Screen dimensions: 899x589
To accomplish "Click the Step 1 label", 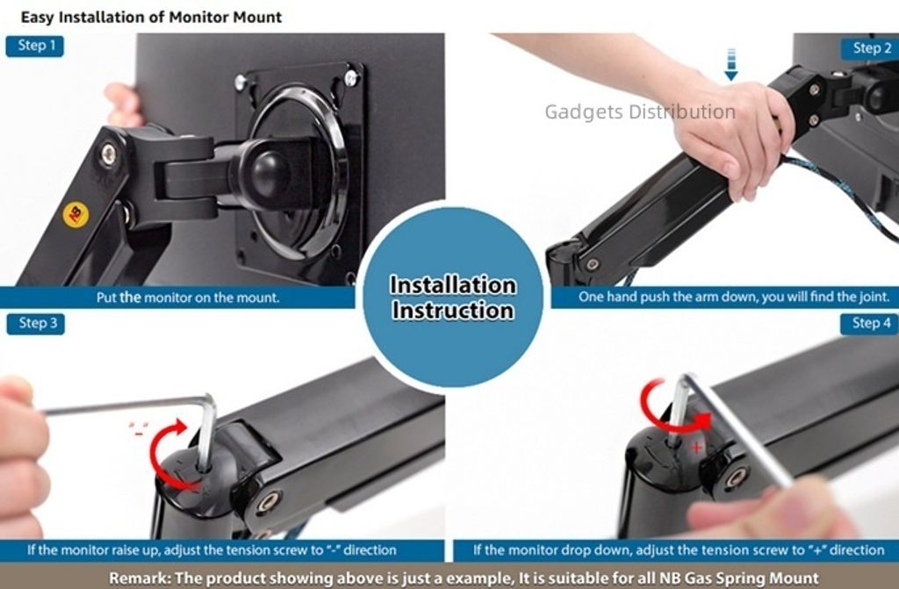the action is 35,46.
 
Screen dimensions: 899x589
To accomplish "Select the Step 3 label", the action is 35,323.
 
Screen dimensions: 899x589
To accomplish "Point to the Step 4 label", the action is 869,323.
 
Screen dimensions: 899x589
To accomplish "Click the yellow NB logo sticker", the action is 76,214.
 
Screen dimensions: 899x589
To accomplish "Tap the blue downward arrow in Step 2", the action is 730,64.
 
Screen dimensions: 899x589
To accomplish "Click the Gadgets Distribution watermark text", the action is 640,111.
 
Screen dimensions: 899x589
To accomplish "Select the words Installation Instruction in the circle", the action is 453,298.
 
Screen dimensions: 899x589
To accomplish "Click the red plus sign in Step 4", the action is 696,448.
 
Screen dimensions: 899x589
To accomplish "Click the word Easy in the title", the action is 38,18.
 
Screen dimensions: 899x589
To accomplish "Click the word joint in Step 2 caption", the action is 874,297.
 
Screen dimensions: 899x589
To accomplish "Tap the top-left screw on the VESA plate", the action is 241,83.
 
